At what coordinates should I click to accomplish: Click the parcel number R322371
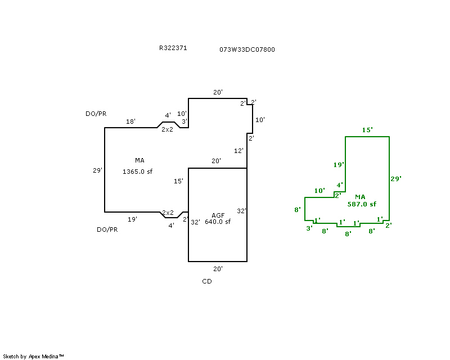point(173,48)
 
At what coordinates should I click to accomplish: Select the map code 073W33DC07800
point(247,49)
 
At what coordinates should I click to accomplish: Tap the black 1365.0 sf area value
point(137,172)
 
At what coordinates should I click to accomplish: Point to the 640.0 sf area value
point(217,222)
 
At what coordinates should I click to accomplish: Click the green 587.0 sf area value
point(362,204)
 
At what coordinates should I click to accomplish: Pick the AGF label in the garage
point(218,215)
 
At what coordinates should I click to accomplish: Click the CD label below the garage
point(207,281)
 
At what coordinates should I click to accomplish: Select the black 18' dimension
point(130,121)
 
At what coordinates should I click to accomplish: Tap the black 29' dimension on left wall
point(97,170)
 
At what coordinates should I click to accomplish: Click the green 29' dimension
point(396,178)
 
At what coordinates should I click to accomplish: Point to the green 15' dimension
point(367,130)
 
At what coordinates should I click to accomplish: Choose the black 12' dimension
point(238,150)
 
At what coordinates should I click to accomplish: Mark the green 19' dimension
point(338,165)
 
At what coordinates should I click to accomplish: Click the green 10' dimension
point(319,191)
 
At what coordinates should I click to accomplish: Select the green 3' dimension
point(309,228)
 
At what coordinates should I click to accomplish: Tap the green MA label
point(360,197)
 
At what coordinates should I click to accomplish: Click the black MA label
point(139,160)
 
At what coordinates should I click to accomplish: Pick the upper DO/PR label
point(96,114)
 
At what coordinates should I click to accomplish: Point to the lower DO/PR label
point(107,229)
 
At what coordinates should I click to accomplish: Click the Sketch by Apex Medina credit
point(34,356)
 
